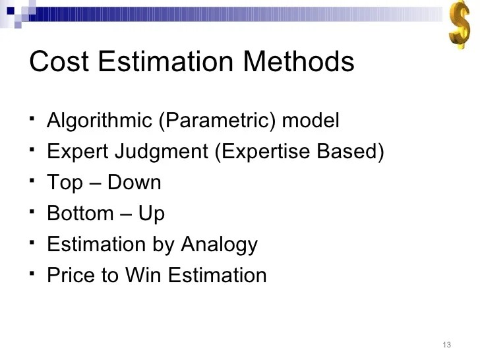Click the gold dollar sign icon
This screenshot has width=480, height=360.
pos(459,24)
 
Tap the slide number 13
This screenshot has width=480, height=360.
pos(446,345)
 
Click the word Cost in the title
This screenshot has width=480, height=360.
pos(58,63)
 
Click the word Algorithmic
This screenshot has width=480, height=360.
pos(89,121)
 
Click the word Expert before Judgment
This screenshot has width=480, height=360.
pos(76,152)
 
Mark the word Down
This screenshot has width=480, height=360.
pos(134,183)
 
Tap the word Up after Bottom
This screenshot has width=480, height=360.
pos(152,214)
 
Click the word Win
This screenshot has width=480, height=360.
pos(143,275)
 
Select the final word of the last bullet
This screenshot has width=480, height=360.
pos(218,275)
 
